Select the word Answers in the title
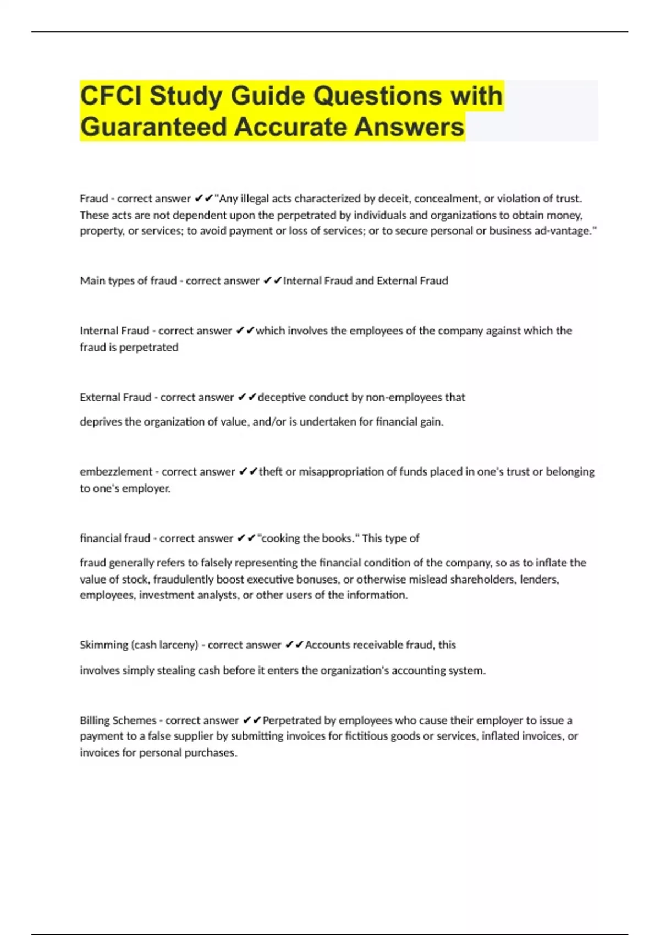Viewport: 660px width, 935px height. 409,127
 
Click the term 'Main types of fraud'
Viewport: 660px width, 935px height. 128,281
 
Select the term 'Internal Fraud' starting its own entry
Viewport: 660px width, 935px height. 114,331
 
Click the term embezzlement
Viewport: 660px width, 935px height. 116,472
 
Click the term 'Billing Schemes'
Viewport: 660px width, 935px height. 118,721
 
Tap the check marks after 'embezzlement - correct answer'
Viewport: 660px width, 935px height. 248,472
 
